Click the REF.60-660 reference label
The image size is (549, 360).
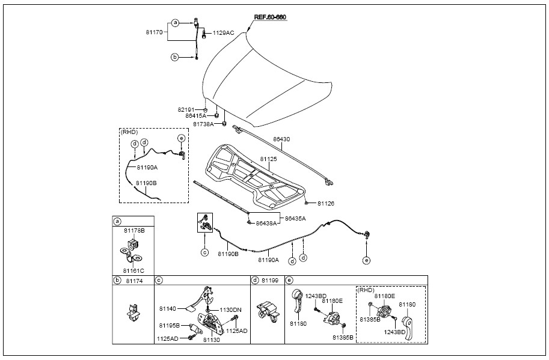pos(270,17)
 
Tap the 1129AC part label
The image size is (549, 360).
pos(224,32)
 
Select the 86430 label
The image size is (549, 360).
pos(282,139)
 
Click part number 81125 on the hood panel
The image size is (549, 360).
pos(269,159)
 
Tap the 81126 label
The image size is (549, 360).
pos(326,203)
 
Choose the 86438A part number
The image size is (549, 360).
pos(266,223)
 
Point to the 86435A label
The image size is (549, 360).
pos(295,218)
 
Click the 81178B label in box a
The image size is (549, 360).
pos(134,230)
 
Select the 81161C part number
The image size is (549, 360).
pos(133,270)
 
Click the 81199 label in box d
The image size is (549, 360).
pos(271,280)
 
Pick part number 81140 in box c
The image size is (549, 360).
pos(168,308)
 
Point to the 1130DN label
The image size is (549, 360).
pos(230,310)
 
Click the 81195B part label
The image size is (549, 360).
pos(169,325)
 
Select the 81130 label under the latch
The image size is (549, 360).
pos(211,340)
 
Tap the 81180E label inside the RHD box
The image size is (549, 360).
pos(384,296)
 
